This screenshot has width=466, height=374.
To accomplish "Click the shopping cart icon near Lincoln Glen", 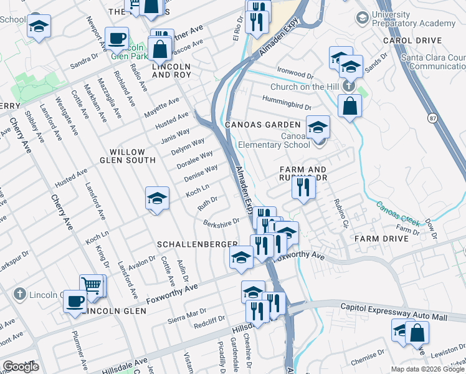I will (92, 285).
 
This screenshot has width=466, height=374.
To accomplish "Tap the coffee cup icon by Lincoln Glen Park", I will (117, 38).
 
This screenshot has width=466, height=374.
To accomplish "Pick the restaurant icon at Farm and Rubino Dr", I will (303, 186).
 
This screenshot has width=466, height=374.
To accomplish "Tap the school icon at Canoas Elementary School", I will (318, 128).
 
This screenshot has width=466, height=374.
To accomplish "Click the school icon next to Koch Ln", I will (158, 198).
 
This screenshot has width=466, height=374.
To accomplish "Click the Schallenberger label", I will (197, 244).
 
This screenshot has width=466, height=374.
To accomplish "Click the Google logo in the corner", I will (21, 367).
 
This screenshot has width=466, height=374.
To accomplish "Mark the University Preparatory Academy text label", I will (413, 19).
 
